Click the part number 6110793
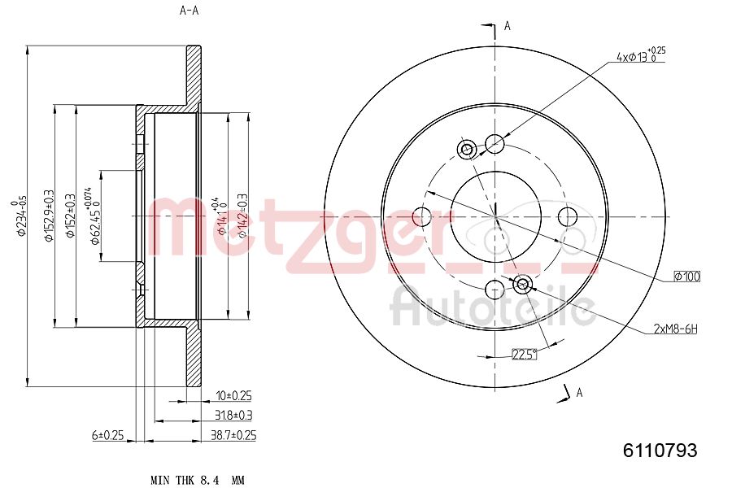pos(660,450)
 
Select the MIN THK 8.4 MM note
pos(198,479)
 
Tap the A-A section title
pos(189,11)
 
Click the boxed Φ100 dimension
pos(686,277)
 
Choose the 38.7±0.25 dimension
pos(233,435)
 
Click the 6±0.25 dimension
pos(107,435)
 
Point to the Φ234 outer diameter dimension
pos(24,216)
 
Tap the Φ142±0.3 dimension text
pos(242,216)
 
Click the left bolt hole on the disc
pos(422,216)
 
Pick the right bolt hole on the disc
pos(567,216)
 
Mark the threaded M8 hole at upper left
pos(467,149)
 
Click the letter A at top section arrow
pos(508,26)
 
